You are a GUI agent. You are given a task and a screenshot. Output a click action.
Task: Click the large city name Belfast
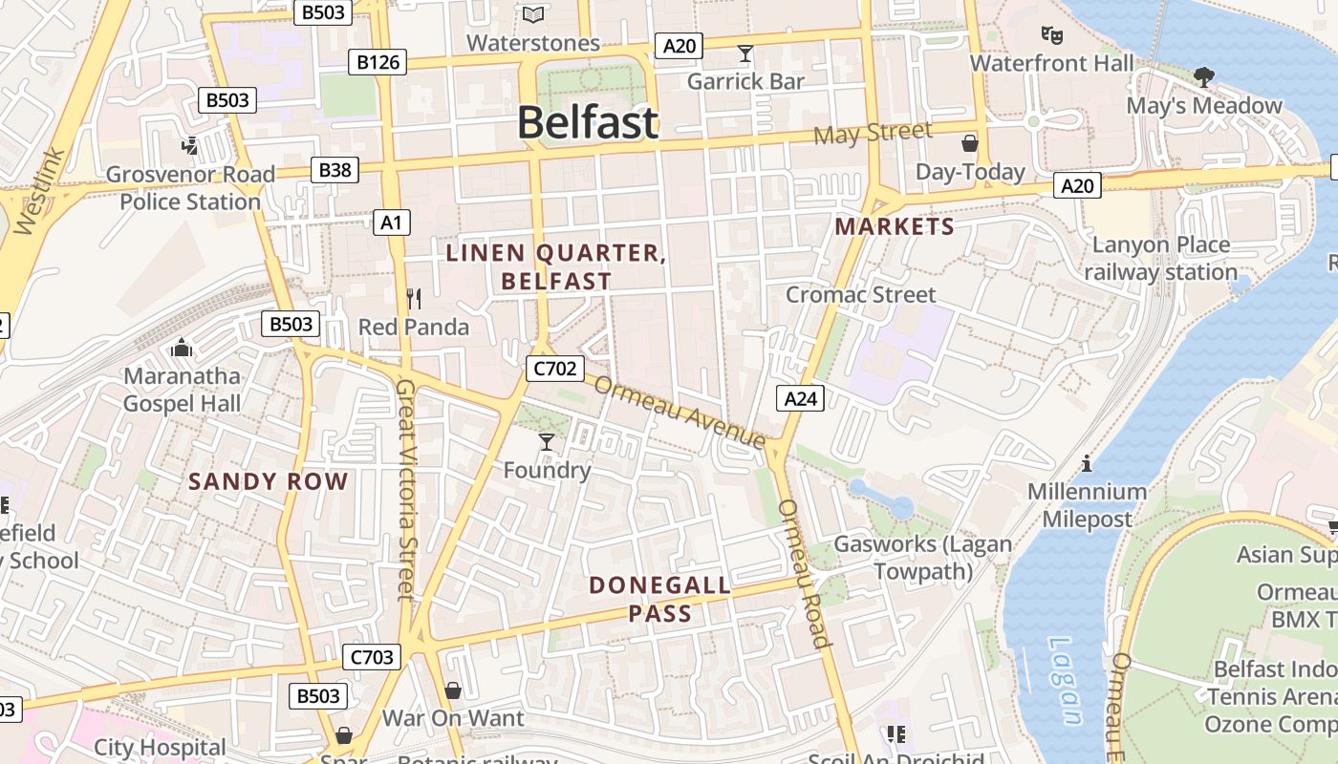pyautogui.click(x=588, y=123)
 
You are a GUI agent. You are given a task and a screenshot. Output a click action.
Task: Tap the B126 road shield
pyautogui.click(x=377, y=62)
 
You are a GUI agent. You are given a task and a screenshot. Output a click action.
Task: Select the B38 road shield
pyautogui.click(x=334, y=170)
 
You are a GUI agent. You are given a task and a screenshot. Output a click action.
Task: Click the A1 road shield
pyautogui.click(x=391, y=223)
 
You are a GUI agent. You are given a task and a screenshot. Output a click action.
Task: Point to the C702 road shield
pyautogui.click(x=553, y=369)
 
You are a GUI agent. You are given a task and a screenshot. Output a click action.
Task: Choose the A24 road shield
pyautogui.click(x=800, y=398)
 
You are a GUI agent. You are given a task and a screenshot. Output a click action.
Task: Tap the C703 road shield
pyautogui.click(x=372, y=656)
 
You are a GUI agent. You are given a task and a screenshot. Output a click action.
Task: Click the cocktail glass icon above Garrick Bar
pyautogui.click(x=745, y=53)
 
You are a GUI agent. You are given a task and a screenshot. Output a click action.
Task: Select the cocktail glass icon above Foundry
pyautogui.click(x=547, y=441)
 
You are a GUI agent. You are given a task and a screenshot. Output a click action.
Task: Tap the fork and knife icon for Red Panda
pyautogui.click(x=414, y=299)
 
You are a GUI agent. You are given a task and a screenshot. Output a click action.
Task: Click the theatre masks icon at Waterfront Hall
pyautogui.click(x=1052, y=35)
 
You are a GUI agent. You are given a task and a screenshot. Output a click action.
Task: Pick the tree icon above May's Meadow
pyautogui.click(x=1204, y=76)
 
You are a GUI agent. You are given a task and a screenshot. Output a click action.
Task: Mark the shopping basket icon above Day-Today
pyautogui.click(x=970, y=143)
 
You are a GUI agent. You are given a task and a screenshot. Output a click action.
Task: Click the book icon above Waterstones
pyautogui.click(x=533, y=14)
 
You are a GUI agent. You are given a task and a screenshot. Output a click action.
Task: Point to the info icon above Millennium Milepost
pyautogui.click(x=1087, y=463)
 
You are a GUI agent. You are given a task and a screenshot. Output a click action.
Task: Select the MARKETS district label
pyautogui.click(x=895, y=226)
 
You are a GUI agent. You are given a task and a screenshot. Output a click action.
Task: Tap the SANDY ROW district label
pyautogui.click(x=269, y=481)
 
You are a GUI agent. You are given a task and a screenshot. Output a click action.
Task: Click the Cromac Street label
pyautogui.click(x=860, y=294)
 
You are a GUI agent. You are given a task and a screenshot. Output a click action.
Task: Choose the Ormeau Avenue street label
pyautogui.click(x=680, y=412)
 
